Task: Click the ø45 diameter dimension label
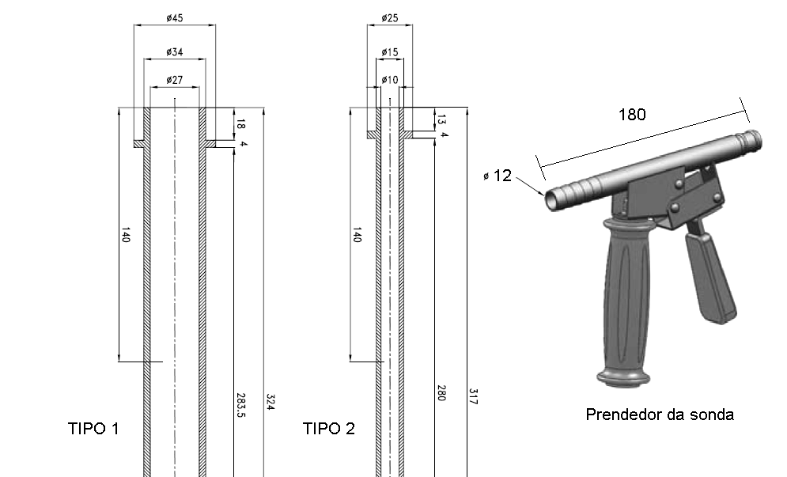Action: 175,18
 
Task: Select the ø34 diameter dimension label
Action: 175,51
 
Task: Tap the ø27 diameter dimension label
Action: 175,80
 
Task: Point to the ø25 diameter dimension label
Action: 389,18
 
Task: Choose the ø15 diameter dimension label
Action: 389,51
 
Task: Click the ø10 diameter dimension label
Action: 389,80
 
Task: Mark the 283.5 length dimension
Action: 240,405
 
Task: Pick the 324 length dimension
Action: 270,402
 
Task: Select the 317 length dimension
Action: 473,396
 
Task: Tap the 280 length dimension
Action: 441,393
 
